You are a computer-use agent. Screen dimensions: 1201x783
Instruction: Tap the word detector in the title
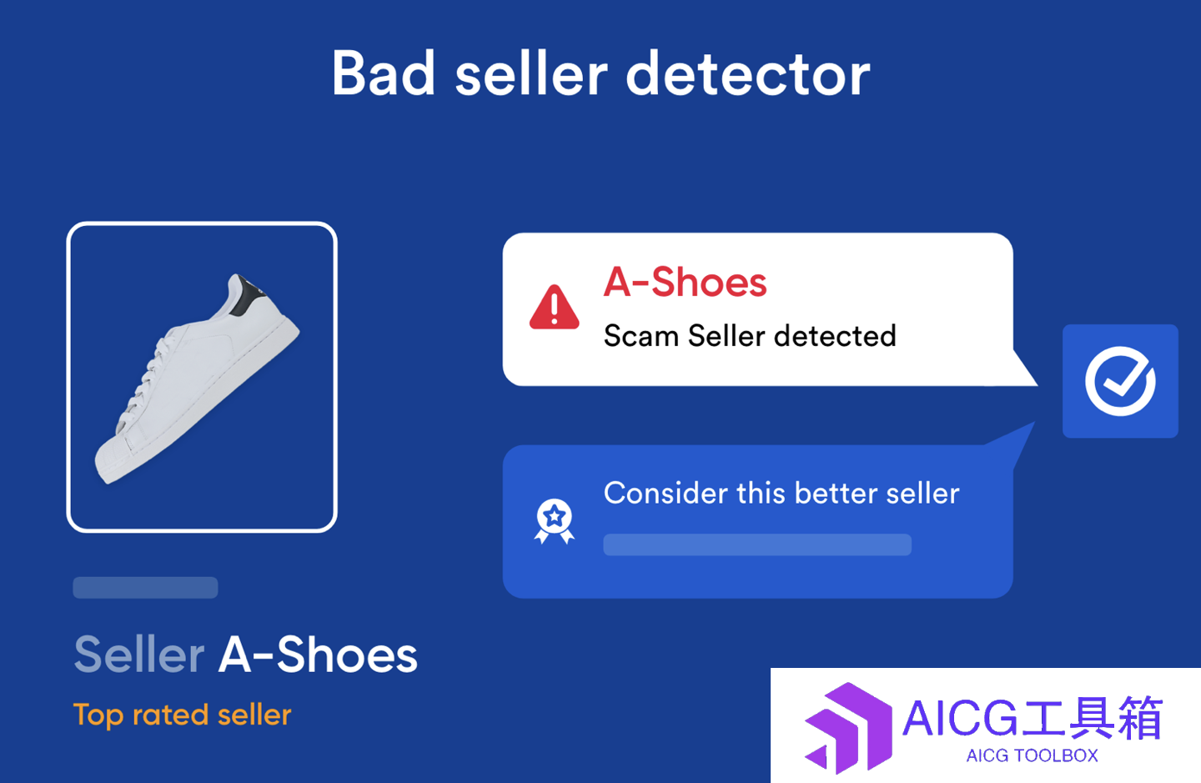[x=748, y=73]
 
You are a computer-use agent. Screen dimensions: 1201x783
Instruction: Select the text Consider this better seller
[x=781, y=493]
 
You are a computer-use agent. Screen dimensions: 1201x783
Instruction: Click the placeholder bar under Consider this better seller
[x=757, y=545]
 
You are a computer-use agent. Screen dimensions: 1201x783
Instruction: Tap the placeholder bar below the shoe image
[x=145, y=587]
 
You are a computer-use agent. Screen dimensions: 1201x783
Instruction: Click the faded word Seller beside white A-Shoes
[x=139, y=655]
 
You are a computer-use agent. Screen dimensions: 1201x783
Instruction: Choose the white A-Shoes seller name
[x=318, y=655]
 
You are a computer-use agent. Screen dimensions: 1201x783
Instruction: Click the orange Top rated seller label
[x=183, y=715]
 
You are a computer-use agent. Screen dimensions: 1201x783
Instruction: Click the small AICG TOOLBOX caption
[x=1033, y=755]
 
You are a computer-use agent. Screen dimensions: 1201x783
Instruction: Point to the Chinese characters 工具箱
[x=1090, y=718]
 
